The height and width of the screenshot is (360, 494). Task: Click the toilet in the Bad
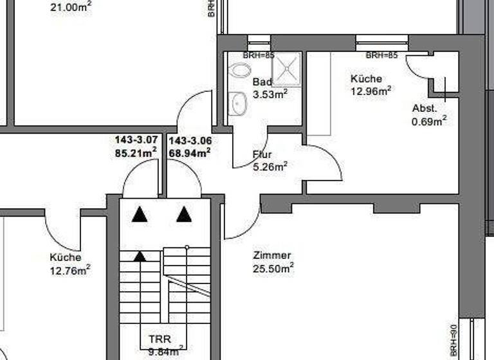(241, 70)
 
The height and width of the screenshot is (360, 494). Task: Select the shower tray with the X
(286, 69)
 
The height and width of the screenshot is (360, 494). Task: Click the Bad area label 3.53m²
(270, 94)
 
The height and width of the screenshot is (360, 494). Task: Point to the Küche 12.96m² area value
(371, 91)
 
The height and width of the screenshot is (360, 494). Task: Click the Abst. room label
(425, 108)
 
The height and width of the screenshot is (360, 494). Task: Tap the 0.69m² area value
(429, 120)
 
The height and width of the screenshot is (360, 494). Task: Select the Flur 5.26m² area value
(270, 166)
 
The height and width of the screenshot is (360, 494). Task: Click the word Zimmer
(273, 255)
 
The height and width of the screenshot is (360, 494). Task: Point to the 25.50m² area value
(273, 268)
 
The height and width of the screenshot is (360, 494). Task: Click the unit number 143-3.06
(190, 140)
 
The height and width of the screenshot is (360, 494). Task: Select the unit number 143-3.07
(136, 140)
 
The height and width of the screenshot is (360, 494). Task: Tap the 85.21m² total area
(136, 153)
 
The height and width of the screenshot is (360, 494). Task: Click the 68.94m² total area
(190, 153)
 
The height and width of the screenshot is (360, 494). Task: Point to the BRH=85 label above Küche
(382, 55)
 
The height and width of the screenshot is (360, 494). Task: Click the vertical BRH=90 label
(453, 336)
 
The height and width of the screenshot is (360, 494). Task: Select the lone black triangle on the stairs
(140, 256)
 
